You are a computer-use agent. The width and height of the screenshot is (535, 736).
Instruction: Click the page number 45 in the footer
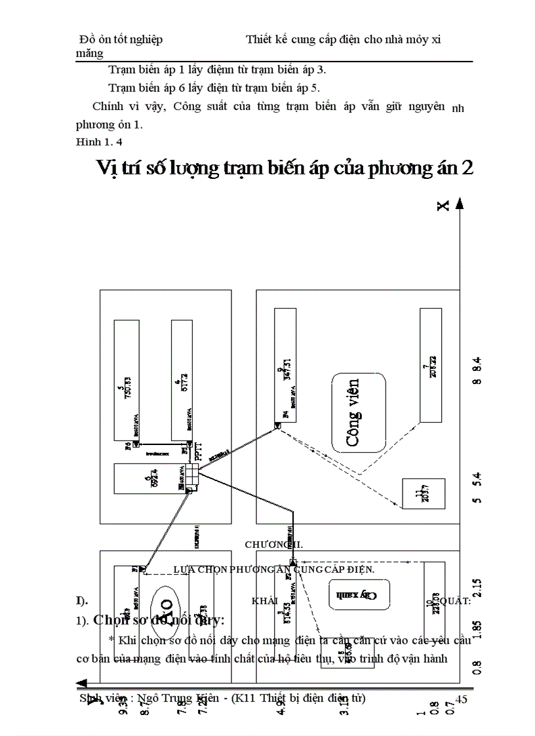(461, 699)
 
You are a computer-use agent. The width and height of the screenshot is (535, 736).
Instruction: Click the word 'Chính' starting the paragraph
(108, 106)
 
